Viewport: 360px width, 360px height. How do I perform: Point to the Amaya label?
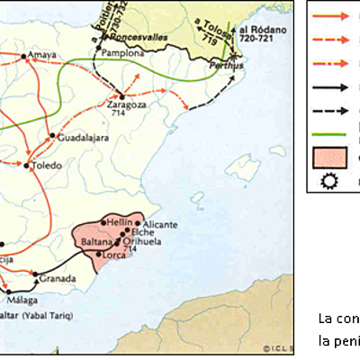tap(42, 55)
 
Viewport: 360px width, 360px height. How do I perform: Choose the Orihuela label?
tap(142, 243)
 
